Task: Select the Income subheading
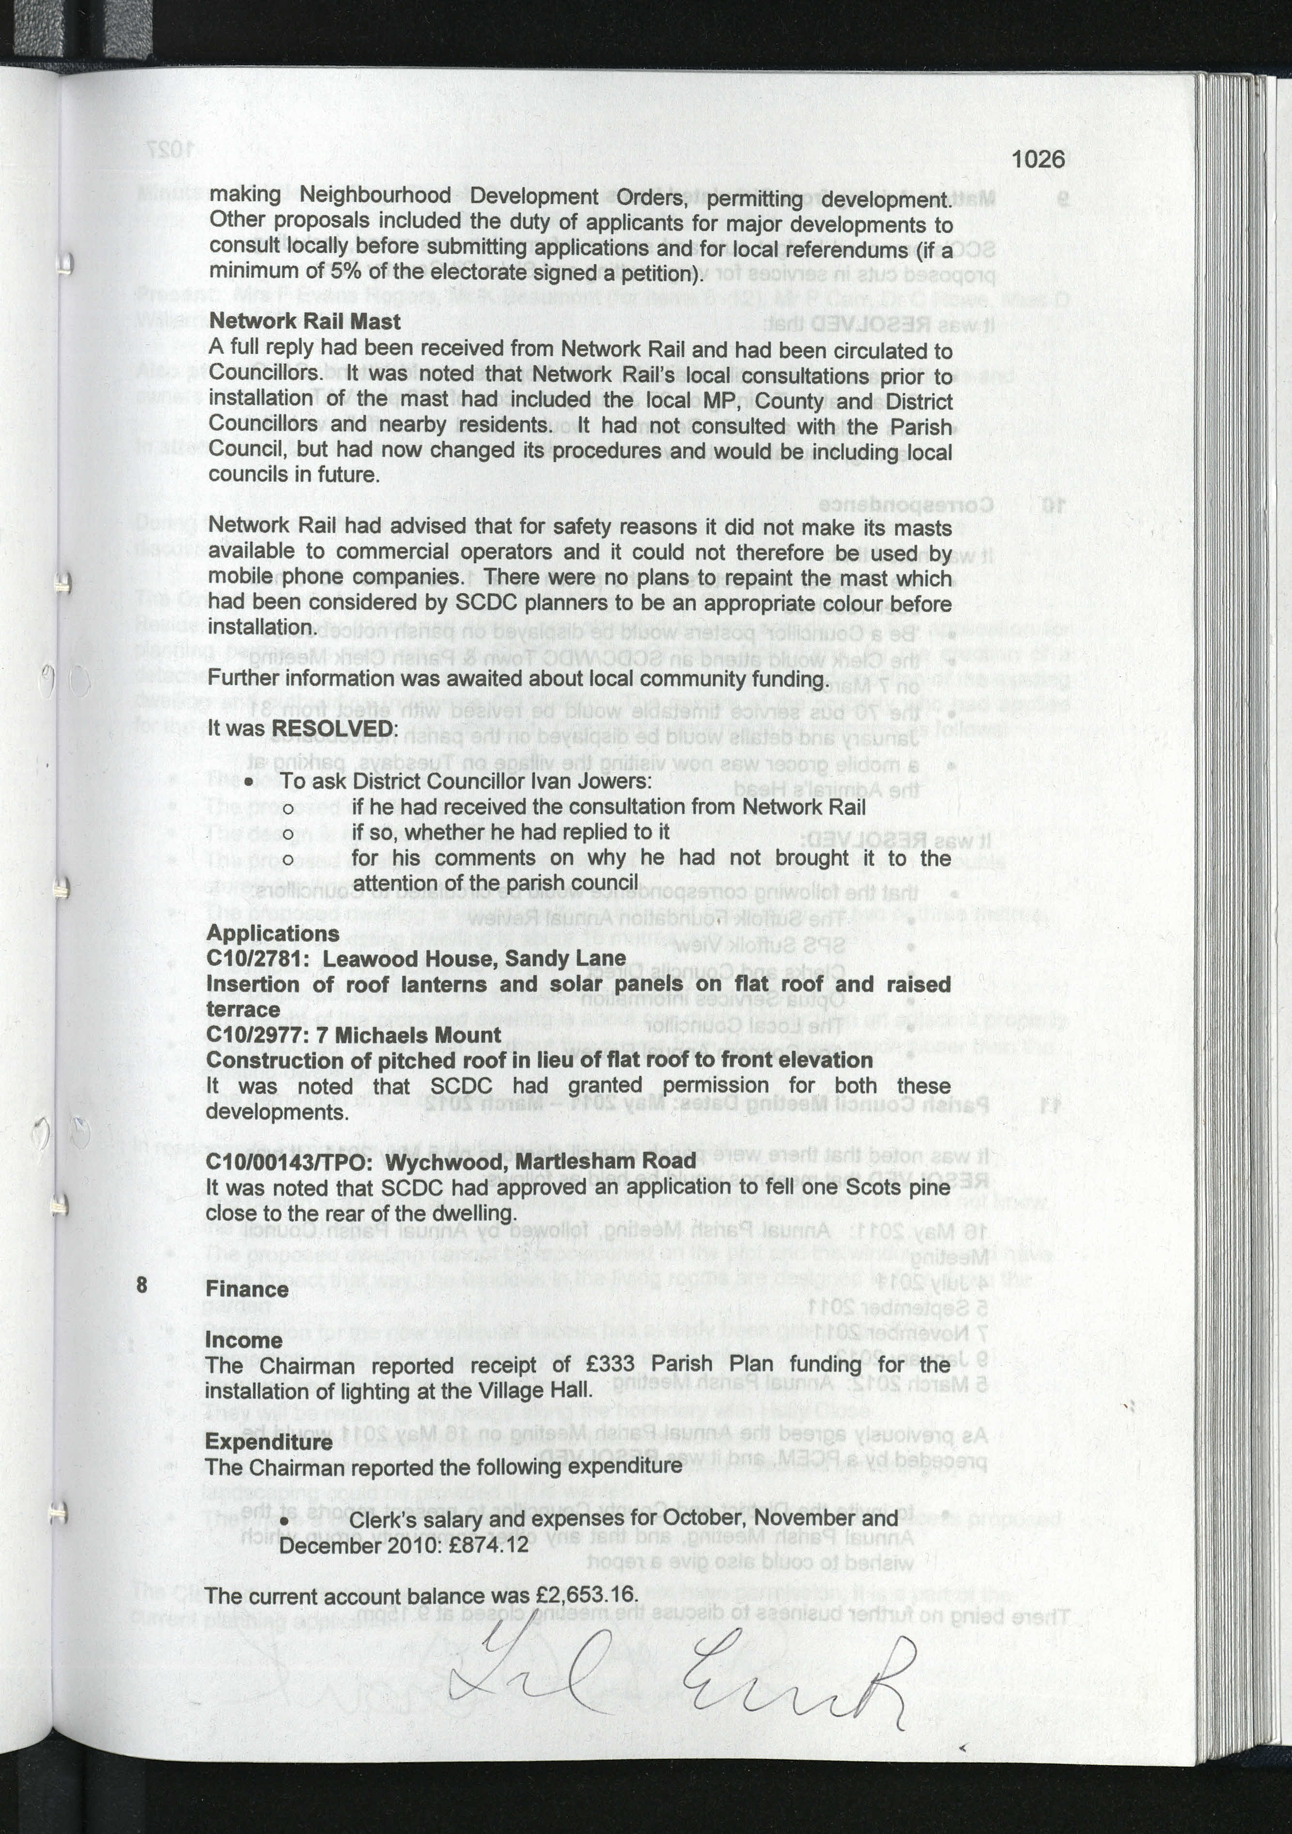pos(244,1340)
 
